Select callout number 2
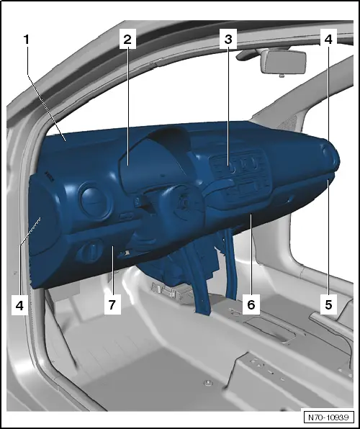127,40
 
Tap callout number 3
228,40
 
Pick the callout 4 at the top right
328,40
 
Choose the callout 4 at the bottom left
20,305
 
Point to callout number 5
328,304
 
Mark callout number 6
250,305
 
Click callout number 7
112,305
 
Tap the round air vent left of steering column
93,199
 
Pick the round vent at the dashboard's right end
332,155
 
